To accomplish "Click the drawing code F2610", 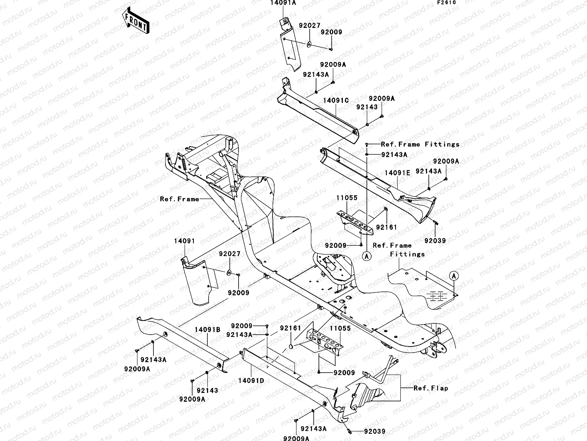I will click(446, 2).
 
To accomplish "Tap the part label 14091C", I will click(336, 100).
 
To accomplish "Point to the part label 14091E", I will click(397, 173).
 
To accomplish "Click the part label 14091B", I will click(207, 330).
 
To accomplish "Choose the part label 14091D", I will click(252, 381).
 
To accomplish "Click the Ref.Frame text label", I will click(179, 199).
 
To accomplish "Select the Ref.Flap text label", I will click(430, 388).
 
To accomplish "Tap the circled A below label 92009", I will click(366, 256).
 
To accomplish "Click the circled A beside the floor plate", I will click(453, 276).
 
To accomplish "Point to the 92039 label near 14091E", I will click(435, 241).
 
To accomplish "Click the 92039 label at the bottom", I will click(374, 432).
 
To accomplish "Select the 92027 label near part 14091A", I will click(309, 25).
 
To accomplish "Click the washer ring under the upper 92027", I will click(310, 43).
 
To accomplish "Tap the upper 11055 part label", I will click(346, 198).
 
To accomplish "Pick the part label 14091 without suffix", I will click(184, 241).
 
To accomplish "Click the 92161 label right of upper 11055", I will click(386, 227).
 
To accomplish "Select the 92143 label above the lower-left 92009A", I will click(207, 390).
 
